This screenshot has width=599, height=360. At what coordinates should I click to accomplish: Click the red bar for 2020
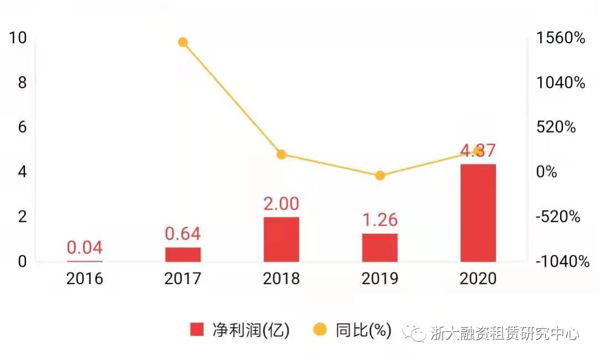(478, 212)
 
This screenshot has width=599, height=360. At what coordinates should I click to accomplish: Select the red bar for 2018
(281, 239)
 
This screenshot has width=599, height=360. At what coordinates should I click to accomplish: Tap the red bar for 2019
(380, 247)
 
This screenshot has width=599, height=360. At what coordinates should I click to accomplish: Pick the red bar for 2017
(183, 255)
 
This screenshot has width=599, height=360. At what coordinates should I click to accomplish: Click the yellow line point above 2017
(183, 42)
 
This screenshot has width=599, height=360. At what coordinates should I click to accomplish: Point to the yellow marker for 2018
(281, 154)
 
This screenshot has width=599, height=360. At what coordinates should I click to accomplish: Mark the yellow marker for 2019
(380, 176)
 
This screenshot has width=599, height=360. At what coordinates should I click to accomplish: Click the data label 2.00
(281, 204)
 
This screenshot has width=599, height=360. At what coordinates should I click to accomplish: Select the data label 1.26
(380, 220)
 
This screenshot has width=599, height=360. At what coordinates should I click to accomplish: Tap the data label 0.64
(183, 234)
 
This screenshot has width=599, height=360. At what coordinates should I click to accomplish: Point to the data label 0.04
(85, 247)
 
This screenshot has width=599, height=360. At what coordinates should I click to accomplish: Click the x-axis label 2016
(85, 278)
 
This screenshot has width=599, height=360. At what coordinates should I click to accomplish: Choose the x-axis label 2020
(478, 278)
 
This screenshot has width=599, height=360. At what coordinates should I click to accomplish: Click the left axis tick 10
(18, 38)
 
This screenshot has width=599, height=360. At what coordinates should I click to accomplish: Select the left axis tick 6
(22, 127)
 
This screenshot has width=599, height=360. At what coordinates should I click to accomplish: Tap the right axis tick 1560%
(561, 38)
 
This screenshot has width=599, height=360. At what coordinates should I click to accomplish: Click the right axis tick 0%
(546, 172)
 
